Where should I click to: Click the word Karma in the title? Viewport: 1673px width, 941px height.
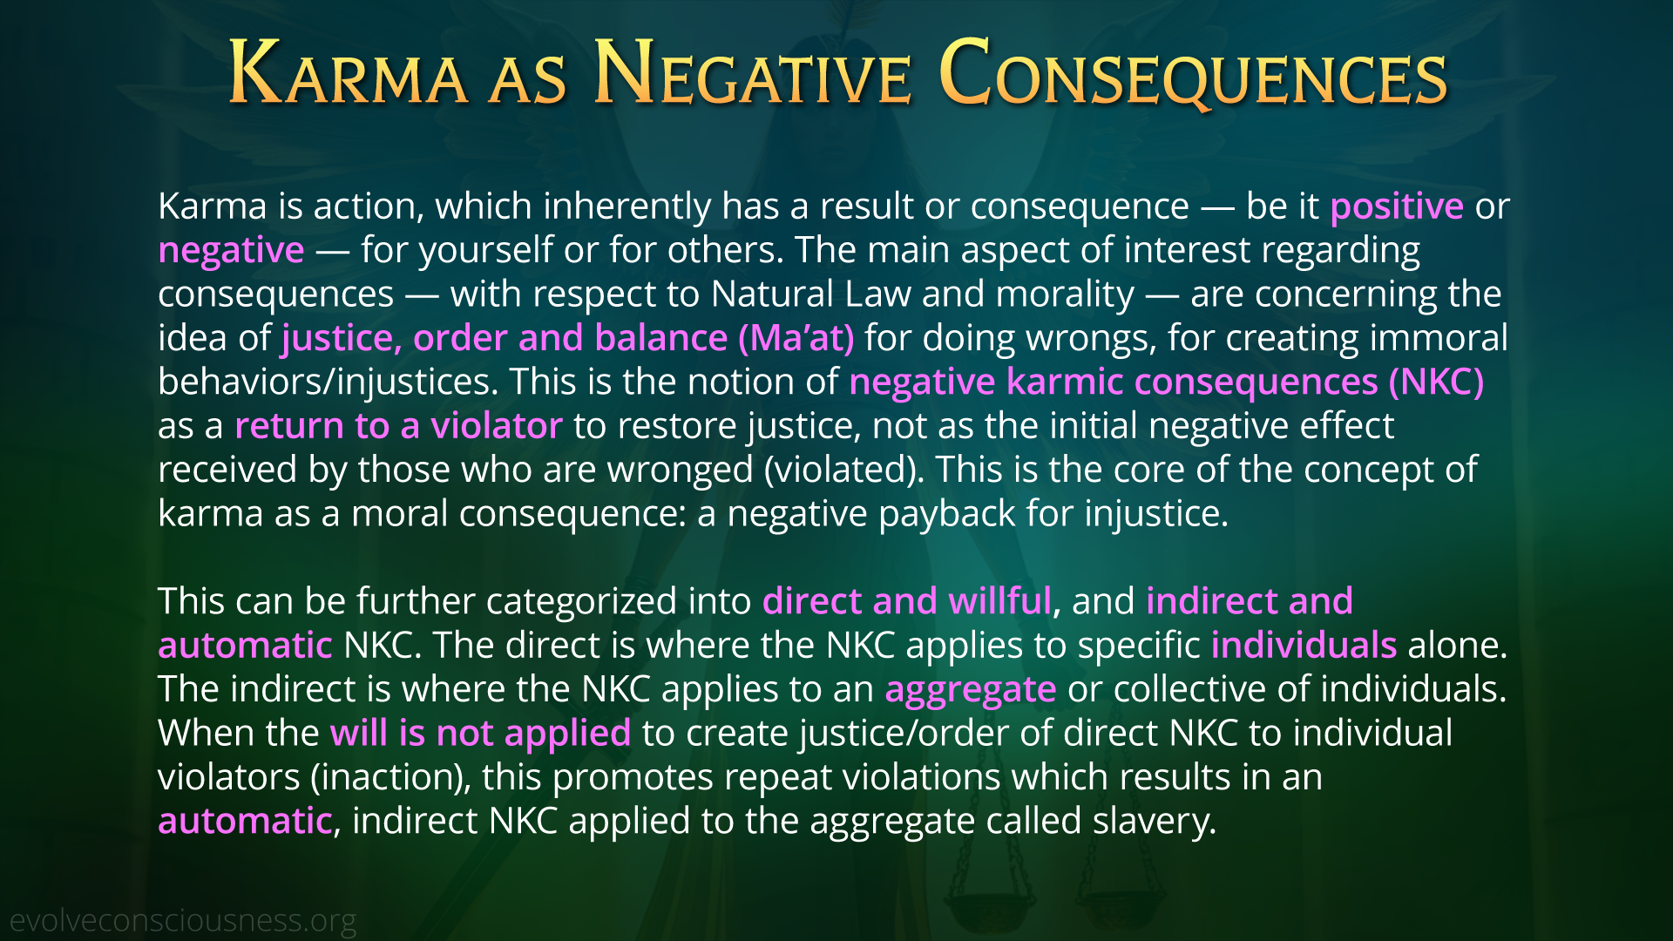349,73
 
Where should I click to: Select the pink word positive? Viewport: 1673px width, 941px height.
1397,206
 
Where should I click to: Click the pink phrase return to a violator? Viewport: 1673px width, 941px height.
398,425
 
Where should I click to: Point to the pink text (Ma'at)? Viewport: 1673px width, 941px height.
796,338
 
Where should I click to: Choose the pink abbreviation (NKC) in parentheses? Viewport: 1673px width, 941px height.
1436,382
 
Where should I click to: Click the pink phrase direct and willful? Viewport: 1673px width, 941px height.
907,601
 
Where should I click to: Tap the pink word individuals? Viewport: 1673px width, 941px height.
1304,645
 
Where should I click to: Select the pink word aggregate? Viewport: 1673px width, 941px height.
971,690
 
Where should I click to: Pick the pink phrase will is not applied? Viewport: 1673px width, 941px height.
480,734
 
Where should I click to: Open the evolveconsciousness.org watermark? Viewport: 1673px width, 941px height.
183,921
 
